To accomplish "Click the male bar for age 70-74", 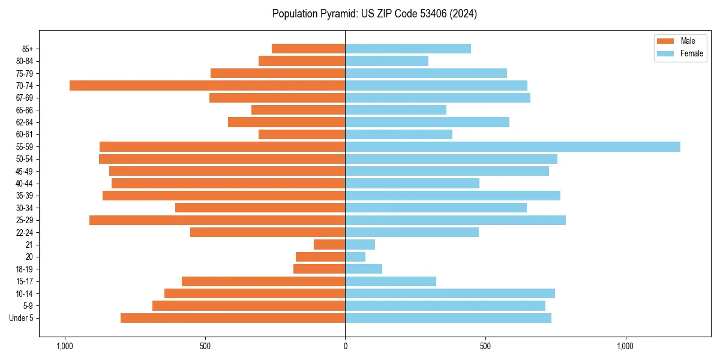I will tap(207, 86).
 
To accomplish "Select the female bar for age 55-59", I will tap(512, 147).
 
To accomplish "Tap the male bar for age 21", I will tap(329, 245).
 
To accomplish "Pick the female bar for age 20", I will tap(355, 257).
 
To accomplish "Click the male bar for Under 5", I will tap(233, 318).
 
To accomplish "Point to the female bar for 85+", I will tap(408, 49).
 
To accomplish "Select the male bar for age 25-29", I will tap(217, 220).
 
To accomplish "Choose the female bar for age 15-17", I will tap(391, 281).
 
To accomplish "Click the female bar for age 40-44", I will tap(412, 184).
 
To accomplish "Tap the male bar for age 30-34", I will tap(260, 208).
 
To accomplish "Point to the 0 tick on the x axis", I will tap(345, 346).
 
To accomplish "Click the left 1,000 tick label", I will tap(64, 346).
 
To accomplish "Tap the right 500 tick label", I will tap(485, 346).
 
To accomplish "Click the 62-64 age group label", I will tap(25, 122).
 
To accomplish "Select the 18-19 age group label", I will tap(25, 269).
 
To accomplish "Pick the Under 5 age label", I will tap(22, 318).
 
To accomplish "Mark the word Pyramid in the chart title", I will tap(337, 14).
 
